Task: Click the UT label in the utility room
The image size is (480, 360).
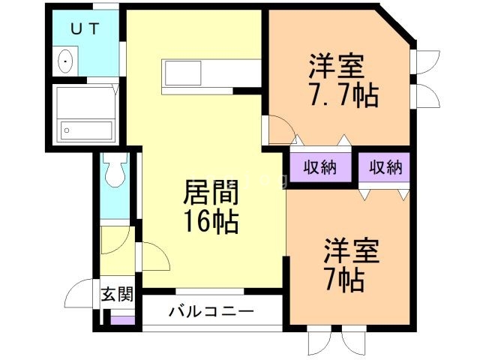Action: point(84,29)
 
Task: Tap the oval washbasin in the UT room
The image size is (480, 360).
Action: point(66,61)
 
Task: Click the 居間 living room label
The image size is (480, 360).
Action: point(211,195)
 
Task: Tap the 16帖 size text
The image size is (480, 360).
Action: point(211,222)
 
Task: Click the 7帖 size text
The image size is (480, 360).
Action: point(346,280)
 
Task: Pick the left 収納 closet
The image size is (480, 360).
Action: point(318,167)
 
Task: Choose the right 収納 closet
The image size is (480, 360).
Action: point(384,167)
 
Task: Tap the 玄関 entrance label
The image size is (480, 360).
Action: point(117,293)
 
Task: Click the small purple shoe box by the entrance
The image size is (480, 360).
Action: point(119,320)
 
